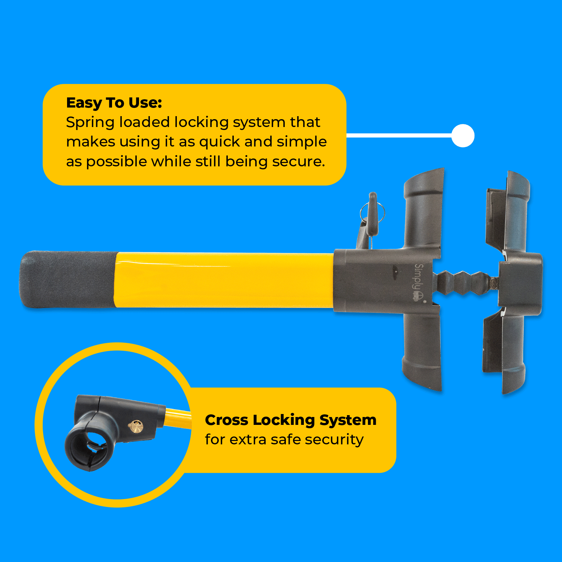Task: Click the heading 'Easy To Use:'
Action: tap(114, 103)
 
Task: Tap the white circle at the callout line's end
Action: tap(463, 136)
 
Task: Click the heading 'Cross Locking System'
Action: tap(290, 420)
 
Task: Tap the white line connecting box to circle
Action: tap(399, 136)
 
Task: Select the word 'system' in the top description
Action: tap(259, 123)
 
